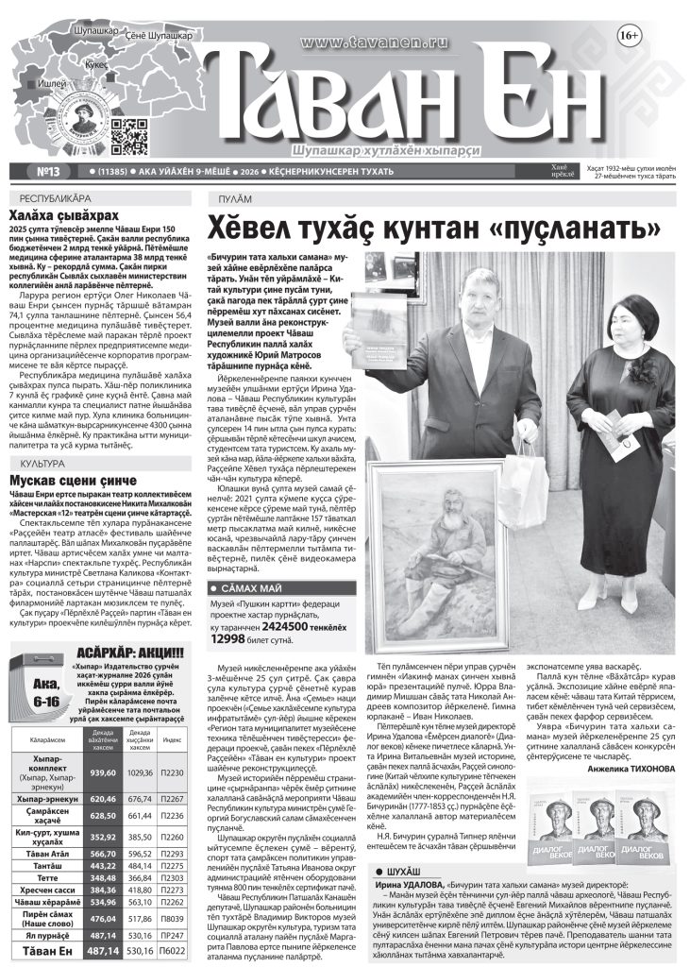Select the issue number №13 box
pyautogui.click(x=47, y=171)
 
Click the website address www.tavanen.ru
pyautogui.click(x=364, y=42)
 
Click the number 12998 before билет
pyautogui.click(x=232, y=639)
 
